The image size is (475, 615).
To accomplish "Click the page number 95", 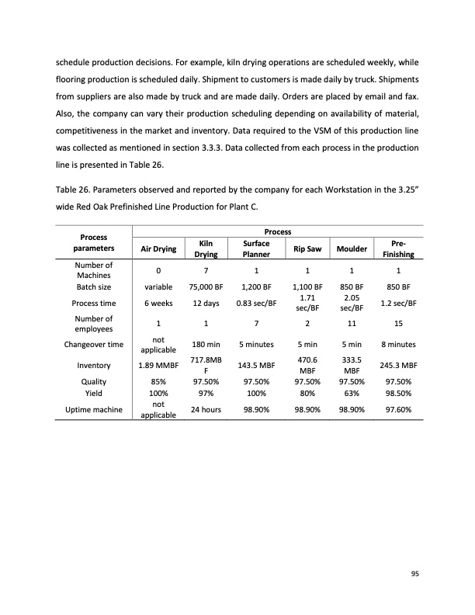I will (415, 574).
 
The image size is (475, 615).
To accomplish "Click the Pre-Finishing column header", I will (397, 248).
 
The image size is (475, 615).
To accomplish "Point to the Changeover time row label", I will (94, 343).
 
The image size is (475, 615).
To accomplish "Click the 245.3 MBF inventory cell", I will (397, 365).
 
